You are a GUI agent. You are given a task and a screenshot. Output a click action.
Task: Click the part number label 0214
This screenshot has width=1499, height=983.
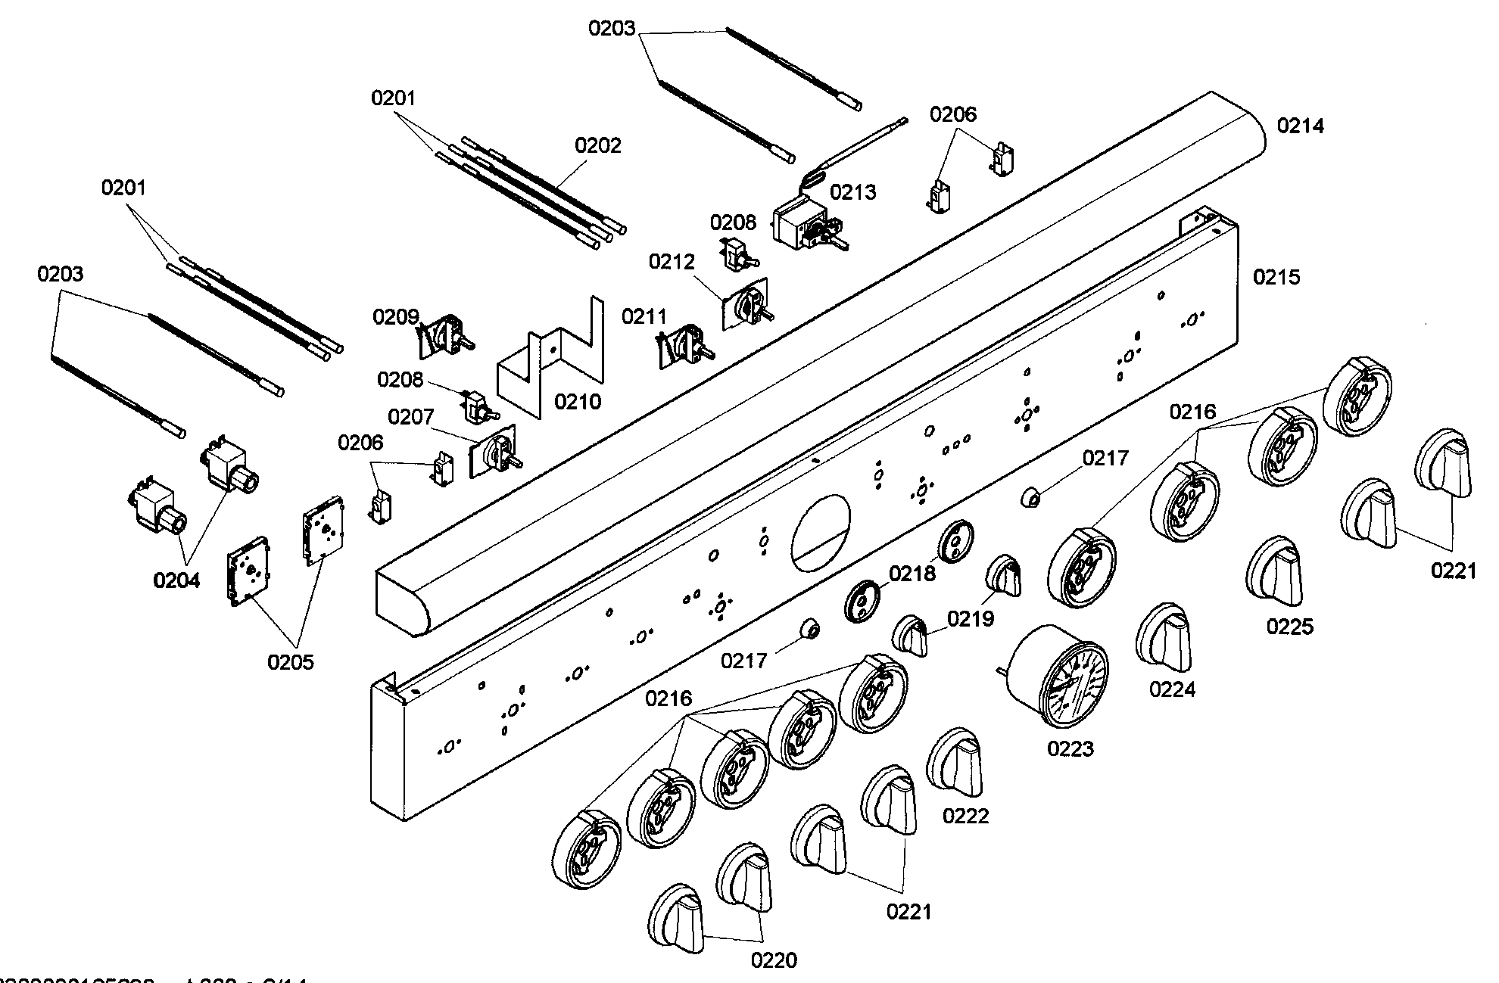[x=1301, y=126]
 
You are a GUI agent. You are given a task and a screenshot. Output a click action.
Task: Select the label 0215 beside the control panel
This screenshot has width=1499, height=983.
[x=1276, y=277]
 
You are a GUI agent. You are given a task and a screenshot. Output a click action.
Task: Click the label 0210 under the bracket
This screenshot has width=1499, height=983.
[x=578, y=401]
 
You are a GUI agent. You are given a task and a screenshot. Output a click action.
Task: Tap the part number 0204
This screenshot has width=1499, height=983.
[x=176, y=580]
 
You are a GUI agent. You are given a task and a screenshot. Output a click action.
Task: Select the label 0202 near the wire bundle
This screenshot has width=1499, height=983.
[x=597, y=145]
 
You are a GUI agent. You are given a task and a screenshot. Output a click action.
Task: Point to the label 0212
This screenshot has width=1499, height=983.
[x=671, y=262]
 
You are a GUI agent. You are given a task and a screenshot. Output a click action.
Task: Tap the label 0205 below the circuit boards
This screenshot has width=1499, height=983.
[x=290, y=662]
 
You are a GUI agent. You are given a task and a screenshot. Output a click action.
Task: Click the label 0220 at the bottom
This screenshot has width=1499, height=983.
[x=774, y=960]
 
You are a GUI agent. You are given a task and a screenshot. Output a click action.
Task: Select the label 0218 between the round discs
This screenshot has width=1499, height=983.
[x=912, y=574]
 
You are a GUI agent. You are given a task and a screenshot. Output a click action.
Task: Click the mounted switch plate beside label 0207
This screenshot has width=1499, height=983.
[x=494, y=453]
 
